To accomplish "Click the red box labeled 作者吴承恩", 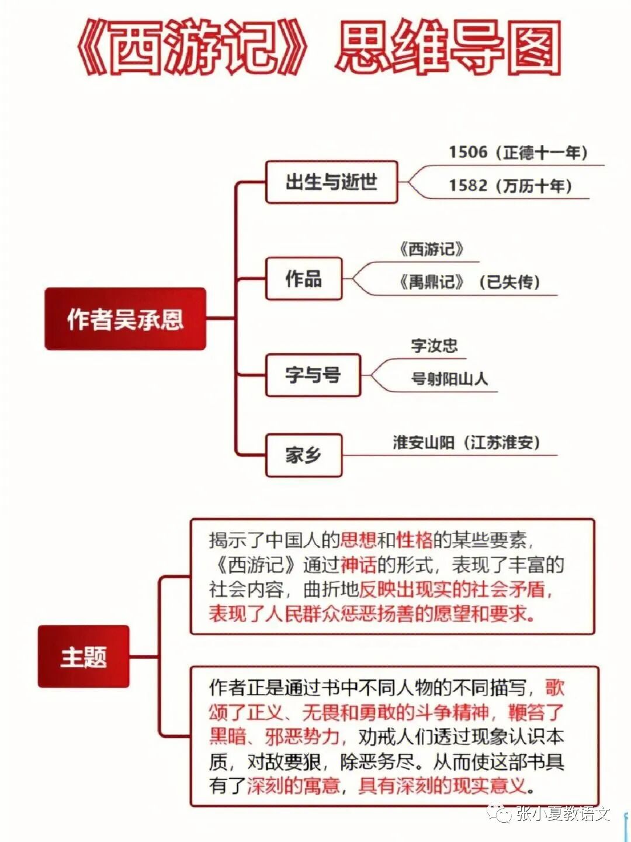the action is pyautogui.click(x=125, y=319).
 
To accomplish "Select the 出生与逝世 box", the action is pyautogui.click(x=331, y=182).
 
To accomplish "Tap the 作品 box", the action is pyautogui.click(x=304, y=279).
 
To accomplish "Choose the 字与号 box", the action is pyautogui.click(x=313, y=375).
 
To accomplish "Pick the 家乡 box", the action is pyautogui.click(x=303, y=455).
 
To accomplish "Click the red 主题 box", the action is pyautogui.click(x=84, y=656).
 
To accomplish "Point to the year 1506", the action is pyautogui.click(x=467, y=153).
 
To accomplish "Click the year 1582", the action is pyautogui.click(x=467, y=186).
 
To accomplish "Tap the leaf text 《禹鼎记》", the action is pyautogui.click(x=432, y=282).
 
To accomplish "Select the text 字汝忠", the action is pyautogui.click(x=434, y=345).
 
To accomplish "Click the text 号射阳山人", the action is pyautogui.click(x=449, y=379).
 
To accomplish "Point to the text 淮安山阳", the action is pyautogui.click(x=423, y=443).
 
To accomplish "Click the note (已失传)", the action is pyautogui.click(x=509, y=282).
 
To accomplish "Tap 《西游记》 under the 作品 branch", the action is pyautogui.click(x=432, y=250).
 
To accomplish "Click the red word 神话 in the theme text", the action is pyautogui.click(x=358, y=565).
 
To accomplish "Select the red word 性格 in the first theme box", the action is pyautogui.click(x=414, y=540).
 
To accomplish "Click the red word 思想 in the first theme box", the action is pyautogui.click(x=358, y=540).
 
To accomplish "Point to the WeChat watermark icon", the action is pyautogui.click(x=500, y=813).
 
